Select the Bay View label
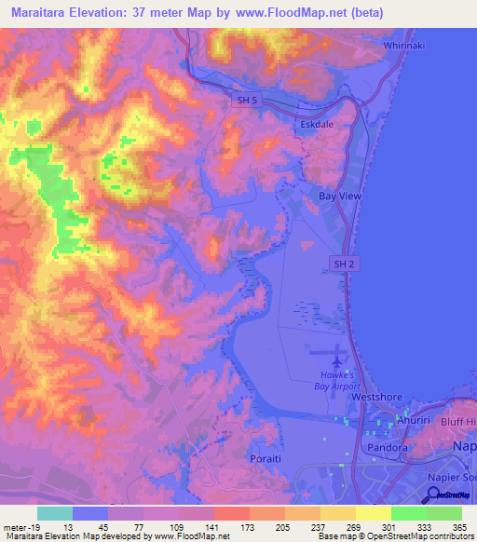340,197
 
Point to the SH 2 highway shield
345,264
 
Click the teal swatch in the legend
55,513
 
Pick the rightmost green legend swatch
444,513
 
